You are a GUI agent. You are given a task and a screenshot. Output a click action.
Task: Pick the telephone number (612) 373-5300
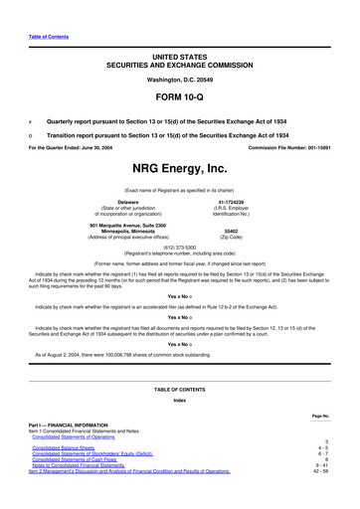click(x=179, y=251)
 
